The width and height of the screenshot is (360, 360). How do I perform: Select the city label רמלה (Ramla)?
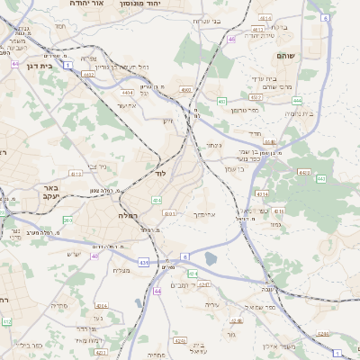point(126,216)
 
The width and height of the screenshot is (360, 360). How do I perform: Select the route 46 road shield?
point(231,40)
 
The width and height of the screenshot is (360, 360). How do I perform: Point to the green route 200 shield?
point(67,220)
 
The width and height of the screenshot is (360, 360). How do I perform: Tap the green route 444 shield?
point(296,101)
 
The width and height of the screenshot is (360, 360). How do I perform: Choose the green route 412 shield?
point(6,321)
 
